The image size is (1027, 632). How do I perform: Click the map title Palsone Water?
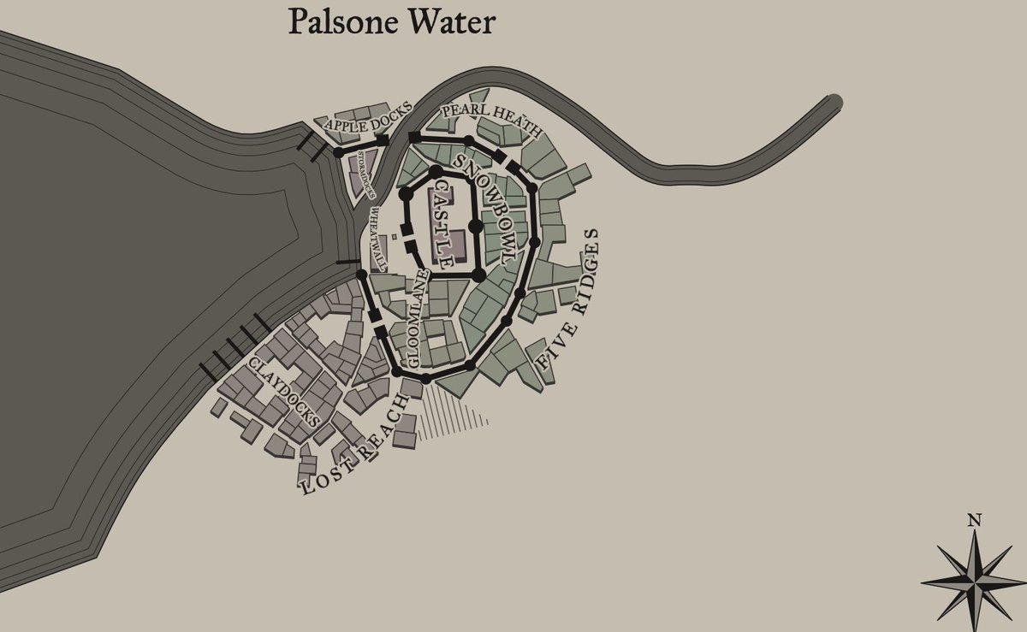click(392, 22)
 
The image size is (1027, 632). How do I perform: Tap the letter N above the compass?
click(974, 519)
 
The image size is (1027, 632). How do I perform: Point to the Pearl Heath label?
click(490, 121)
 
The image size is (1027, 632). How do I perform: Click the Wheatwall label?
click(376, 239)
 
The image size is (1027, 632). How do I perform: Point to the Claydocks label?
click(284, 393)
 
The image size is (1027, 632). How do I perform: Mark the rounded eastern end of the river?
click(834, 103)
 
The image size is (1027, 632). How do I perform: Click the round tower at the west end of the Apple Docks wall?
click(339, 152)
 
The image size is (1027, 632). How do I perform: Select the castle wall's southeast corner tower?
click(479, 275)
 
